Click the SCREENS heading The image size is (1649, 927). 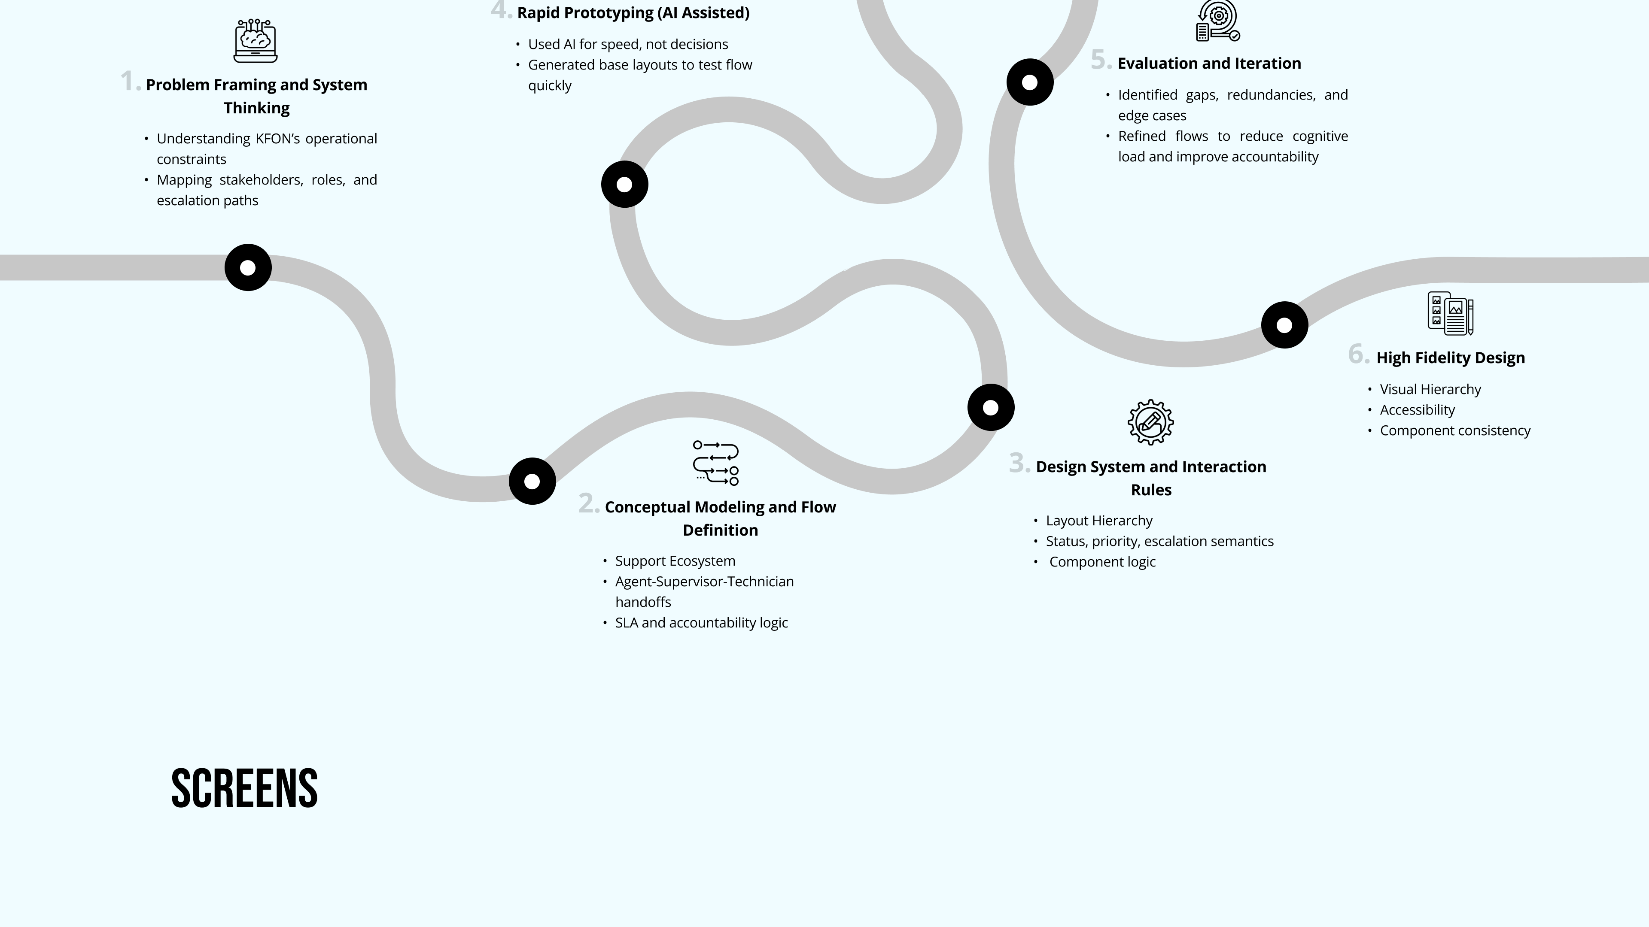pyautogui.click(x=244, y=788)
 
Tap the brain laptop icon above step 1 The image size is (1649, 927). pyautogui.click(x=256, y=41)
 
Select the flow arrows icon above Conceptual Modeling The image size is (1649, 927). pyautogui.click(x=716, y=463)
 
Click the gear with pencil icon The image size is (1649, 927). pyautogui.click(x=1150, y=422)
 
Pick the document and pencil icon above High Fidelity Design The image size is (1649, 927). pyautogui.click(x=1451, y=313)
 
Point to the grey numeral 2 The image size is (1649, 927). pyautogui.click(x=589, y=503)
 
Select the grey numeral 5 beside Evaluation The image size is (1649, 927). pyautogui.click(x=1101, y=60)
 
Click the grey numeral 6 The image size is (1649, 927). pyautogui.click(x=1358, y=354)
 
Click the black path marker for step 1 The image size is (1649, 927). pyautogui.click(x=248, y=267)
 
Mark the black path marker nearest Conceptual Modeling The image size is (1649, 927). pyautogui.click(x=532, y=481)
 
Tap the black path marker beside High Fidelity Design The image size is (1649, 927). pyautogui.click(x=1284, y=325)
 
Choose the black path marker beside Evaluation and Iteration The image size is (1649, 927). pyautogui.click(x=1030, y=82)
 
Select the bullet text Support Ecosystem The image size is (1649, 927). pyautogui.click(x=675, y=561)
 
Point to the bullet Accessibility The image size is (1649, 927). pyautogui.click(x=1417, y=410)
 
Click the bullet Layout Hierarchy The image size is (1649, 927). pyautogui.click(x=1099, y=521)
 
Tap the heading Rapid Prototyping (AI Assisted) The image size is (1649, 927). pyautogui.click(x=633, y=13)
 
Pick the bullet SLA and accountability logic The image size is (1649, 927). pyautogui.click(x=702, y=623)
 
